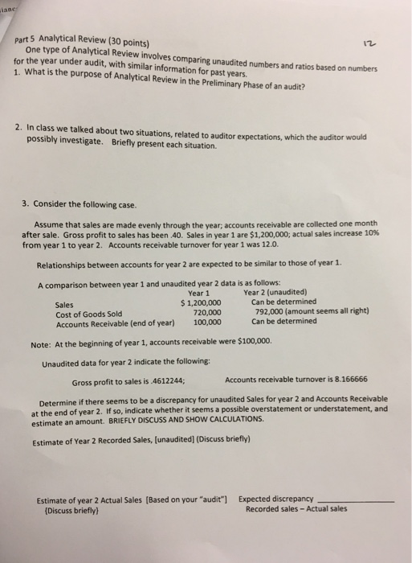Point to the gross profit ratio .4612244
167,382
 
